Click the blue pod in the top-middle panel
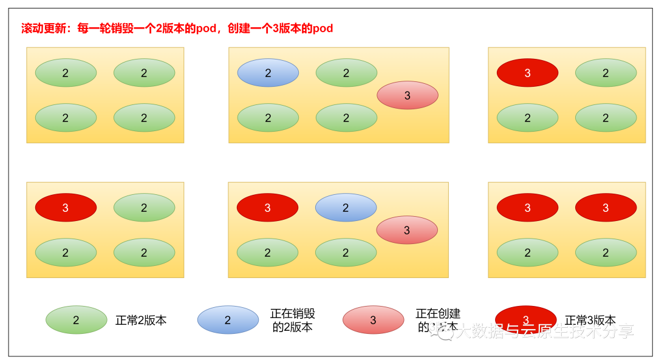tap(268, 73)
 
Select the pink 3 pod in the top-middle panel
tap(408, 95)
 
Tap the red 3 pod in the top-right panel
tap(527, 73)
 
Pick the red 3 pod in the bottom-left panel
tap(66, 208)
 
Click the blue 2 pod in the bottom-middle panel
tap(346, 208)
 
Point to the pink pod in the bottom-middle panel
tap(407, 230)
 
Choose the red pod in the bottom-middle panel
tap(267, 208)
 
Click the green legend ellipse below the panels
tap(77, 320)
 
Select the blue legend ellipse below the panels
tap(228, 320)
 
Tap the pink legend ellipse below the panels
tap(373, 320)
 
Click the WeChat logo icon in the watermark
tap(440, 330)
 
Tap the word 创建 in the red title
tap(237, 29)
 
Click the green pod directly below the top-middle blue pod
tap(268, 118)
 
